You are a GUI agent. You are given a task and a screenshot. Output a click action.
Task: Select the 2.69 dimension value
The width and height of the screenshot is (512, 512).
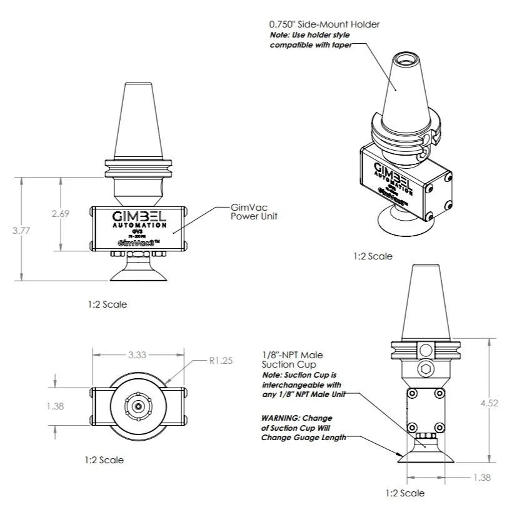pos(60,213)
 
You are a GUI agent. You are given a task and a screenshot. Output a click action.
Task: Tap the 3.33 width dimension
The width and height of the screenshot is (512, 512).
pos(137,355)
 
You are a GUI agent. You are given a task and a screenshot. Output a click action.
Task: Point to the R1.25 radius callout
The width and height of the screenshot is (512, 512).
pos(220,361)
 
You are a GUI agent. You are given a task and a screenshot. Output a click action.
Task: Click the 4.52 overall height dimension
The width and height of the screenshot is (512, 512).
pos(489,403)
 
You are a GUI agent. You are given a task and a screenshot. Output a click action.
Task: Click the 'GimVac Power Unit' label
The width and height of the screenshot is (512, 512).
pos(254,212)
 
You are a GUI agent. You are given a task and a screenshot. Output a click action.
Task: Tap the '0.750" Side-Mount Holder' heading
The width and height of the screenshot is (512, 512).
pos(324,24)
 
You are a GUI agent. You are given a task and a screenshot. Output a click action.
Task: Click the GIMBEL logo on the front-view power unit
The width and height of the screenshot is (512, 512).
pos(138,216)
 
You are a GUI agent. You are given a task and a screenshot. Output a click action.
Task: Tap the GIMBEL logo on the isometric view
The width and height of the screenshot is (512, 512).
pos(389,170)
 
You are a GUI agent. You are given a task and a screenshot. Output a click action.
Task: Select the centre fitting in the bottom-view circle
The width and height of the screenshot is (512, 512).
pos(138,406)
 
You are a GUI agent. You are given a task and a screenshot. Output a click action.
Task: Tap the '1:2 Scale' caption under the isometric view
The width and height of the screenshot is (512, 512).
pos(373,256)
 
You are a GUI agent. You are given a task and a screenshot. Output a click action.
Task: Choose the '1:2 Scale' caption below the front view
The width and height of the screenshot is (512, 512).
pos(108,304)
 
